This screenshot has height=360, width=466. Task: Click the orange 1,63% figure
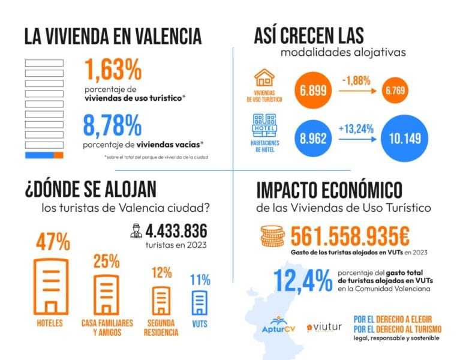(113, 70)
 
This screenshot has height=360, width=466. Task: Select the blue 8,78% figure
(113, 126)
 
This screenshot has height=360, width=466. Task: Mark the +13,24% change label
(356, 127)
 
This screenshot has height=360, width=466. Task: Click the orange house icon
(264, 79)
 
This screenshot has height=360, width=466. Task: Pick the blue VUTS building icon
(200, 303)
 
